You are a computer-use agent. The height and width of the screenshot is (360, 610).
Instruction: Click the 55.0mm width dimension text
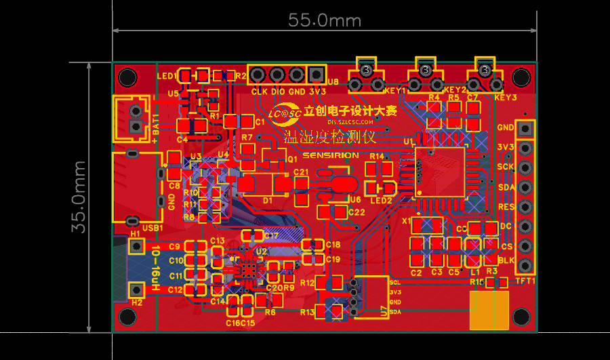(325, 20)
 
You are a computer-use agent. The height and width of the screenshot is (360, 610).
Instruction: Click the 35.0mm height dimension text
(80, 197)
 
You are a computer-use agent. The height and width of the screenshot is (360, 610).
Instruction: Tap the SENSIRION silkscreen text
(331, 155)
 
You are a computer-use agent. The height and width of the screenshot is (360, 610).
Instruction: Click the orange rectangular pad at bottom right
(489, 310)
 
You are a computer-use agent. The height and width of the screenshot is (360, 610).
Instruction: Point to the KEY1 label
(394, 90)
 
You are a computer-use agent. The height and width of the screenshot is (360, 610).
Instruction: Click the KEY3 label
(506, 98)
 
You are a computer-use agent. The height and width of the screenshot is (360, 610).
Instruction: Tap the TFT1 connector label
(525, 280)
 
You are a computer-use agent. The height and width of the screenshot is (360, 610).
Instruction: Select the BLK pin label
(506, 260)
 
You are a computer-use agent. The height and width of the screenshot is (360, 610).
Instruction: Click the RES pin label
(506, 207)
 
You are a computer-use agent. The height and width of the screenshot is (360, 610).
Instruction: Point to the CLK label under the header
(259, 92)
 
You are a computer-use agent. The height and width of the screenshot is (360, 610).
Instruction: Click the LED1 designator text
(167, 75)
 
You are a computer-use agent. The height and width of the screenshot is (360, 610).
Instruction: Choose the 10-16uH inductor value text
(156, 268)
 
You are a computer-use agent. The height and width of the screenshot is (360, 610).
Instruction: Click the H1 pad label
(136, 234)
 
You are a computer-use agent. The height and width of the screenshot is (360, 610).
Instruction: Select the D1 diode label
(267, 201)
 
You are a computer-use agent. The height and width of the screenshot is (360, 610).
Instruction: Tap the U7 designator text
(384, 311)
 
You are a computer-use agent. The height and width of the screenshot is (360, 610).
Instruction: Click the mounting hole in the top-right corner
(521, 77)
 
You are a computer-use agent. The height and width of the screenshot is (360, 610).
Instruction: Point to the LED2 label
(380, 200)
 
